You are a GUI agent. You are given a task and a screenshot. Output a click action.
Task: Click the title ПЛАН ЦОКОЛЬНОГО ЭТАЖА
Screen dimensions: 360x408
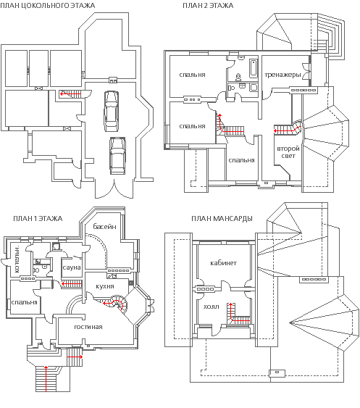click(x=48, y=6)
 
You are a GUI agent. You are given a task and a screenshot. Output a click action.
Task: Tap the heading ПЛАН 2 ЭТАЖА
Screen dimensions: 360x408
click(x=208, y=6)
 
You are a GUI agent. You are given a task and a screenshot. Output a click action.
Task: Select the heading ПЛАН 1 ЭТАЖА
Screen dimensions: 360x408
click(x=38, y=218)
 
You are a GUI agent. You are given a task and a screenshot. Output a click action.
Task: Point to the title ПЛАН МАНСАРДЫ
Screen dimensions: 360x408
click(x=222, y=218)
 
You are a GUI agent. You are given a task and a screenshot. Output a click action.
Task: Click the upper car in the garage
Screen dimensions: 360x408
click(x=111, y=112)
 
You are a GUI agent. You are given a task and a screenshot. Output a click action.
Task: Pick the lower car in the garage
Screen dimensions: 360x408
click(x=117, y=156)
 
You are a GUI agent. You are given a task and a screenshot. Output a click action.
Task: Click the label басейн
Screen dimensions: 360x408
click(x=104, y=226)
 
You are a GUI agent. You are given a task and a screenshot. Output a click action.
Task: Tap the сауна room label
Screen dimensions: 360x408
click(x=72, y=267)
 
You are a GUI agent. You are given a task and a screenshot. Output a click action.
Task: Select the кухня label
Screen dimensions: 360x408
click(x=105, y=286)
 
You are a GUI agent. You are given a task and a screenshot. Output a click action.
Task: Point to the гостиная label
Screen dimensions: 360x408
click(x=88, y=327)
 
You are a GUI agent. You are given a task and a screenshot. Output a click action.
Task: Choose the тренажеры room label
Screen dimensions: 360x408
click(x=282, y=75)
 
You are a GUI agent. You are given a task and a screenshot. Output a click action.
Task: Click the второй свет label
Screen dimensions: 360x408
click(x=288, y=152)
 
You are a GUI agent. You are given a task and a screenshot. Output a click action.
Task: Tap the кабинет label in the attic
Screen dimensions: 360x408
click(x=223, y=263)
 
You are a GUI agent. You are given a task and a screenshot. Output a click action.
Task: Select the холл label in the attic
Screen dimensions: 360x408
click(x=211, y=307)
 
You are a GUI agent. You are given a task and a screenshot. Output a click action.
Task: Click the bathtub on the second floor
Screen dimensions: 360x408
click(x=254, y=69)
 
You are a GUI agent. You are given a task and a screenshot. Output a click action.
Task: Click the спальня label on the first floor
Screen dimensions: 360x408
click(x=24, y=302)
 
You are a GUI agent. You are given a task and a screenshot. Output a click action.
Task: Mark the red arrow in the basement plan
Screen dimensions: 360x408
click(x=70, y=94)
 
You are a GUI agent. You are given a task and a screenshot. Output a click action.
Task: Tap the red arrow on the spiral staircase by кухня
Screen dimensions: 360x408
click(x=113, y=304)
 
